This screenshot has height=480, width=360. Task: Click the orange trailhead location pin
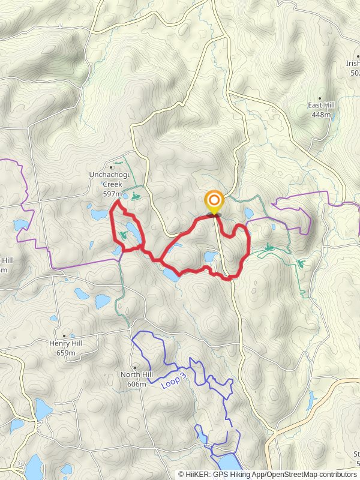pos(214,201)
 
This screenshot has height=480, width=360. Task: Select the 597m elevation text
pos(112,194)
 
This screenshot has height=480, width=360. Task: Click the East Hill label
pos(321,105)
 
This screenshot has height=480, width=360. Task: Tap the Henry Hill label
pos(65,344)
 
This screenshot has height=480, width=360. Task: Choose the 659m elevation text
pos(65,353)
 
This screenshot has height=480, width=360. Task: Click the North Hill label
pos(137,374)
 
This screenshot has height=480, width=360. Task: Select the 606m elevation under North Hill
pos(137,383)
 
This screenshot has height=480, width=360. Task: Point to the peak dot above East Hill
pos(320,98)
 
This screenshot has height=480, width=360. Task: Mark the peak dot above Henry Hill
pos(64,336)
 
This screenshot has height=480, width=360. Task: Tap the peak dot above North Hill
pos(136,367)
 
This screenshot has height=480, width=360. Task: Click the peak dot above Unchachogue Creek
pos(112,167)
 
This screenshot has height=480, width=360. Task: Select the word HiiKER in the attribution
pos(197,475)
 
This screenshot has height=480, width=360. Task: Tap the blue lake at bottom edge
pos(229,463)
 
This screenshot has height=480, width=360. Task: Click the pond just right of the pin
pos(249,213)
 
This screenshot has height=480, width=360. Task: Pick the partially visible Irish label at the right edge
pos(353,64)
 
